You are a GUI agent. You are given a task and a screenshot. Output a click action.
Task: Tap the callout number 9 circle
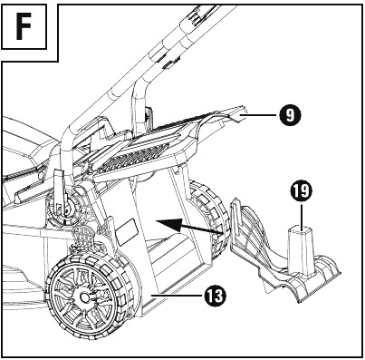coord(290,115)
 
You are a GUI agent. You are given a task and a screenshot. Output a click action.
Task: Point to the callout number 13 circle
coord(215,296)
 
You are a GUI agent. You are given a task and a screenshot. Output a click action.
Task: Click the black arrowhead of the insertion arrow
coord(166,224)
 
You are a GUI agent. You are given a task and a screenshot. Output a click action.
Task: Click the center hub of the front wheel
coord(84,297)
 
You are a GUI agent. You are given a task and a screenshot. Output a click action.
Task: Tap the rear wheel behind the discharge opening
coord(208,218)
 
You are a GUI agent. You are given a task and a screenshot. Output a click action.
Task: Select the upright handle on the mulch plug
coord(301,251)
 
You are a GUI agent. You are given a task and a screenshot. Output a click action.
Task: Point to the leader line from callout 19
coord(301,215)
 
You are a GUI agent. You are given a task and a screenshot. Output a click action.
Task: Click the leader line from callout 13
coord(178,295)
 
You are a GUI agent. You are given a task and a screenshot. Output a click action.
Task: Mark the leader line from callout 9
coord(260,115)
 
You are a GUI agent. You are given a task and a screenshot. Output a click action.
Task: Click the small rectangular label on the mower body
coord(126,231)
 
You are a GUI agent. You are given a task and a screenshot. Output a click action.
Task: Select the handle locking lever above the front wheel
coord(59,190)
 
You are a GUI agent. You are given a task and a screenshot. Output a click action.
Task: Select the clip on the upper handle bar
coord(169,64)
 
